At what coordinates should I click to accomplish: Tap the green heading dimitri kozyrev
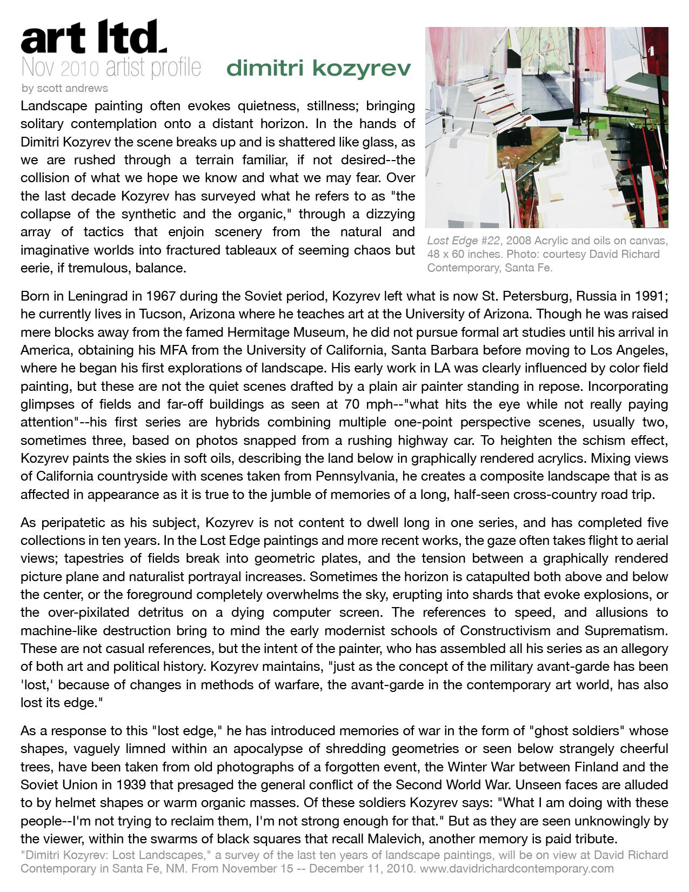click(319, 69)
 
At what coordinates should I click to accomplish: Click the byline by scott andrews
click(64, 88)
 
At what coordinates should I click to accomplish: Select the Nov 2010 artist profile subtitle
click(111, 68)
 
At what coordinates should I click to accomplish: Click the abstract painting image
click(546, 128)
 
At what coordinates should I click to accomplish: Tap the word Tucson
click(163, 314)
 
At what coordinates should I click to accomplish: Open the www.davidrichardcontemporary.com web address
click(517, 869)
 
